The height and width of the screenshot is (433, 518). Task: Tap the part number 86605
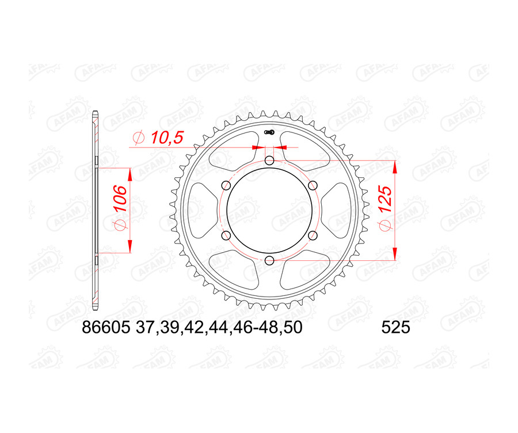pos(106,328)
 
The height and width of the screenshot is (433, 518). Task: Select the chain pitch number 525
pos(395,328)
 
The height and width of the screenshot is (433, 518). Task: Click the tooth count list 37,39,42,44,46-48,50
pos(219,328)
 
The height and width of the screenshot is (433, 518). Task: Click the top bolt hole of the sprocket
pos(269,160)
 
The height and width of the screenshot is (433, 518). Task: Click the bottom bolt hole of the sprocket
pos(269,261)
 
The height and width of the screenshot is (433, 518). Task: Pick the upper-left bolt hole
pos(226,185)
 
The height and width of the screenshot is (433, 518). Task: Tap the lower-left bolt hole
pos(226,236)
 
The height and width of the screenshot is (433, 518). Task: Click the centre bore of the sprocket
pos(269,211)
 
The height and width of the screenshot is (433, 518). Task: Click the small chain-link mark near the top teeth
pos(269,133)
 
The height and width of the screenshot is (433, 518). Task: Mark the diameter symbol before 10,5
pos(138,138)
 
